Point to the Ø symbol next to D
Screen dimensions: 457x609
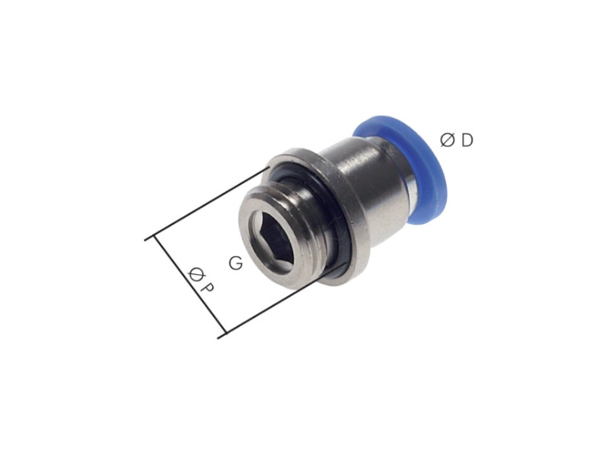coord(448,139)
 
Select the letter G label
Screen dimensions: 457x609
coord(235,264)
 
